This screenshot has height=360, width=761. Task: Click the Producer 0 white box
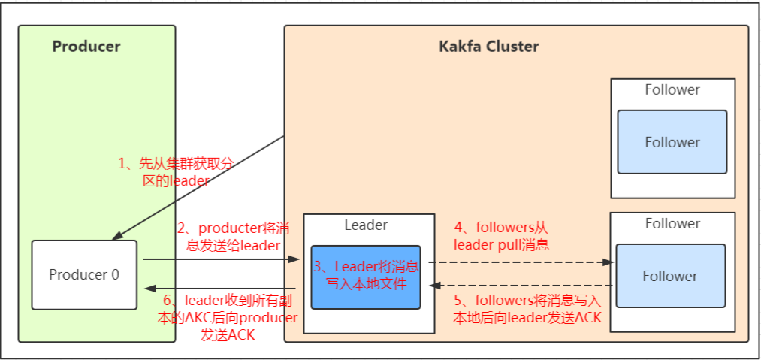point(83,274)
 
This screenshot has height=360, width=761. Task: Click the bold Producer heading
point(86,47)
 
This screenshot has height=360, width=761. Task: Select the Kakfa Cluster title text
point(488,47)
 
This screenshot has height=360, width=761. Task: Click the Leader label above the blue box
point(366,225)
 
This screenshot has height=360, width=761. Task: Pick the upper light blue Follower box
point(672,143)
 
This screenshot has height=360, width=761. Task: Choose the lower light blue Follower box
point(669,276)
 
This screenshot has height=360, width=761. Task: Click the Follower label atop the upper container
point(672,90)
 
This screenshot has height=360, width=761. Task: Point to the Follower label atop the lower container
point(672,224)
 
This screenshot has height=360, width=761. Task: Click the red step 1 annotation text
point(176,172)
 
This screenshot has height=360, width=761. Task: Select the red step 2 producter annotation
point(228,236)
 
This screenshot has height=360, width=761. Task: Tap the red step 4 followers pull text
point(501,235)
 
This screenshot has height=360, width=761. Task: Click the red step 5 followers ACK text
point(527,309)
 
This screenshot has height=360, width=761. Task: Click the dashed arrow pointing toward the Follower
point(518,262)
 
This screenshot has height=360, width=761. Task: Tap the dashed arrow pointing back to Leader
point(518,286)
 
